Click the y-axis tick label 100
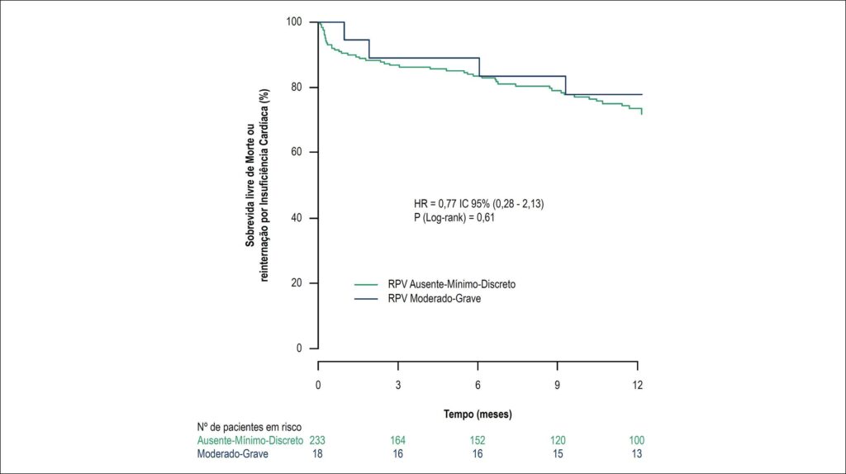click(293, 21)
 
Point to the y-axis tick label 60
click(297, 152)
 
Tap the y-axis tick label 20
click(297, 283)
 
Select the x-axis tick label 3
click(397, 385)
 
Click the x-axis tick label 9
click(558, 385)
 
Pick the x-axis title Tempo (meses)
click(478, 415)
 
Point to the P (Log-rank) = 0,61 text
click(454, 218)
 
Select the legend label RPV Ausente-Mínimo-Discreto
click(452, 284)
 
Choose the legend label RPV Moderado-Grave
click(435, 299)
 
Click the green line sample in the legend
click(366, 284)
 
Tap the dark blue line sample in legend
click(366, 299)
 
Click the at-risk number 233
click(317, 441)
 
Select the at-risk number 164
click(397, 441)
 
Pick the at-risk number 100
click(637, 441)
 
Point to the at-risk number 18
click(317, 454)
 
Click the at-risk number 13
click(637, 454)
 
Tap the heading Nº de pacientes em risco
click(250, 428)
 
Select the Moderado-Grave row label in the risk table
click(232, 454)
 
